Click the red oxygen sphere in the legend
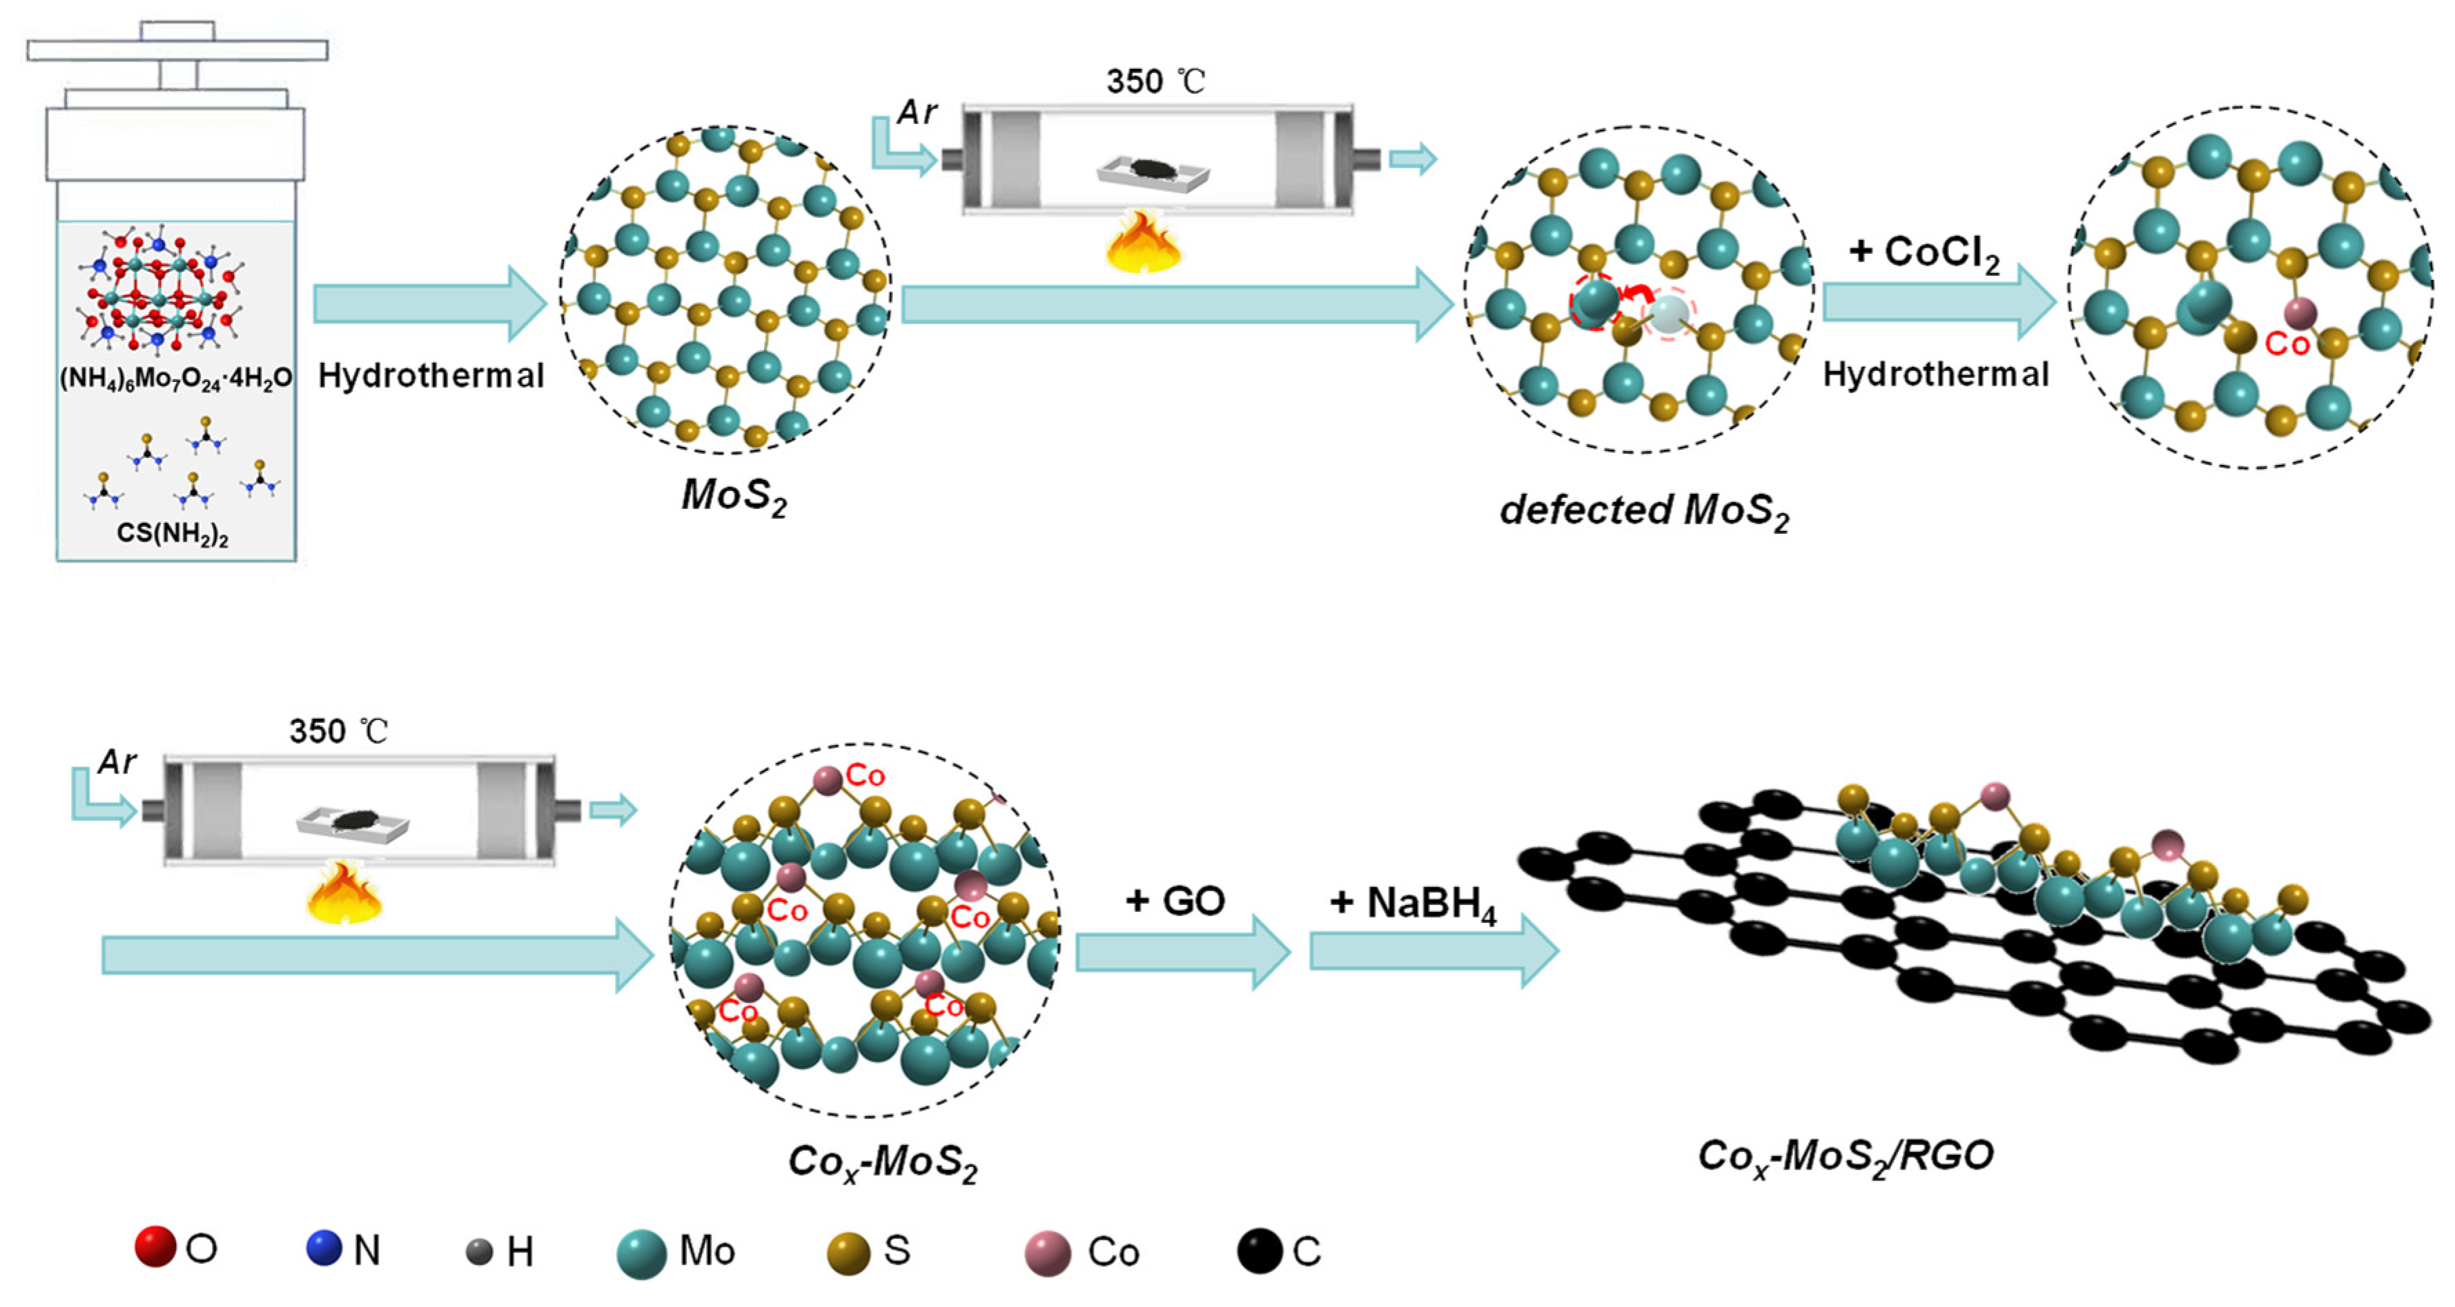click(x=155, y=1247)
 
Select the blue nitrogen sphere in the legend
click(x=324, y=1248)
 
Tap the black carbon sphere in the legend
click(x=1260, y=1251)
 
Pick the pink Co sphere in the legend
click(x=1048, y=1253)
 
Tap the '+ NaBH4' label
click(x=1414, y=903)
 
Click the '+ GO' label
click(x=1175, y=900)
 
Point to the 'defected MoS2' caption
click(x=1644, y=512)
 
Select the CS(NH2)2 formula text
click(x=173, y=532)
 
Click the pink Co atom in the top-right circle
click(x=2300, y=312)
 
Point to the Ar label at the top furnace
click(x=917, y=112)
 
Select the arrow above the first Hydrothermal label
click(x=429, y=303)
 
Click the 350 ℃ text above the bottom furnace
click(x=338, y=732)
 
